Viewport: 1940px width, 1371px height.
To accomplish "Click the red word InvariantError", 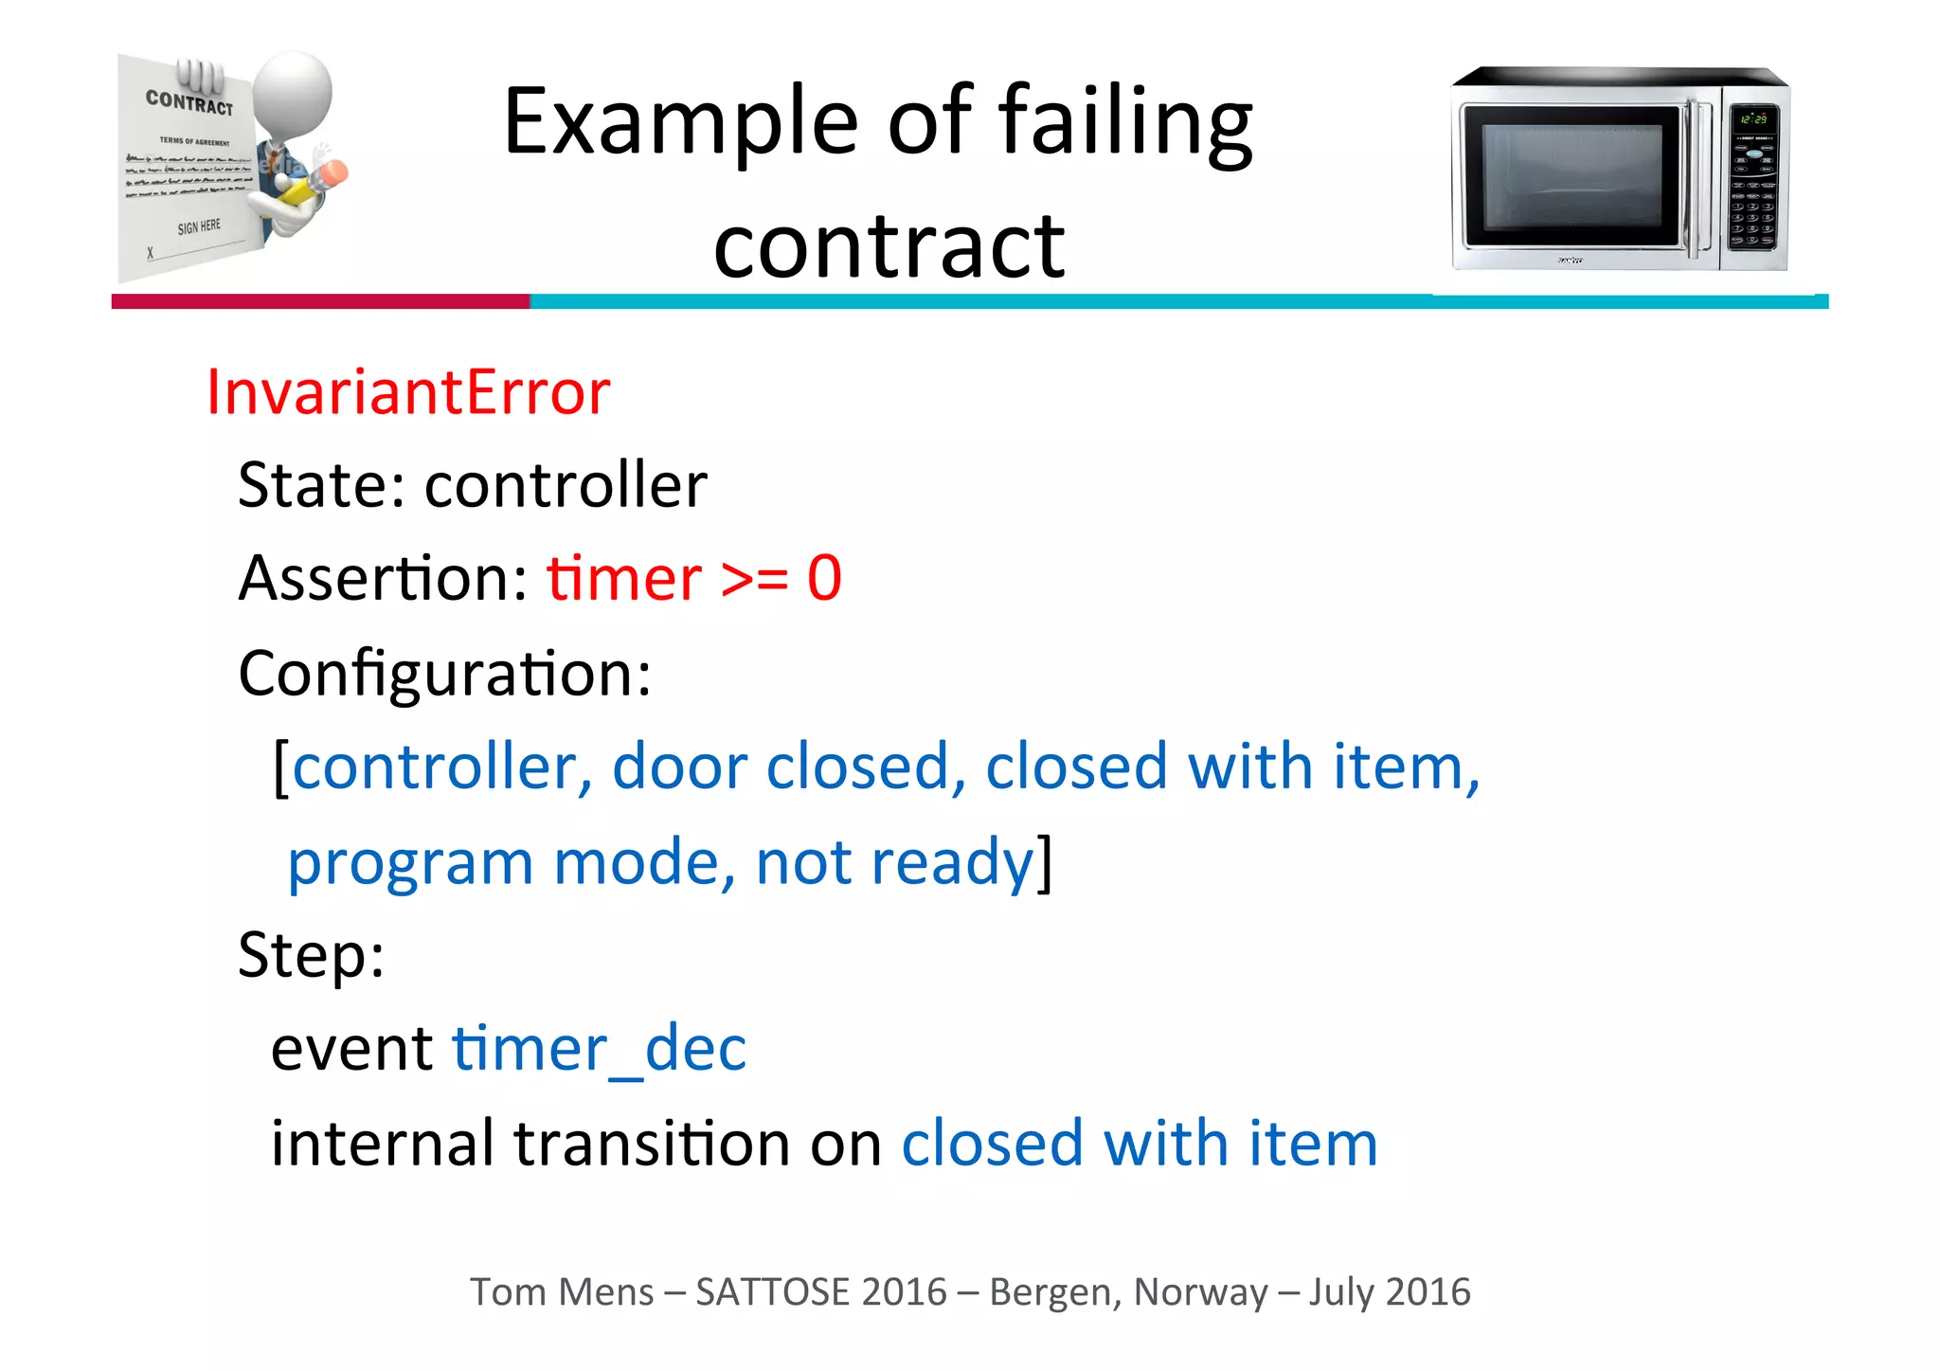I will click(408, 392).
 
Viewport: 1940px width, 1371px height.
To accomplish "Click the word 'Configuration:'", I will click(444, 675).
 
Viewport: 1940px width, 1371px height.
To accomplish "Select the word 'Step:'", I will click(311, 954).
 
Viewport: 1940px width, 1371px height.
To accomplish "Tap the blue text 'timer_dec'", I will click(599, 1049).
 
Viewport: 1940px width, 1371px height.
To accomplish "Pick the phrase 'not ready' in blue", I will click(894, 862).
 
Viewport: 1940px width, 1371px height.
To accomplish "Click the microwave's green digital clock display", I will click(1752, 119).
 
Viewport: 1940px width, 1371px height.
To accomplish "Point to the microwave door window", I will click(1572, 177).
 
